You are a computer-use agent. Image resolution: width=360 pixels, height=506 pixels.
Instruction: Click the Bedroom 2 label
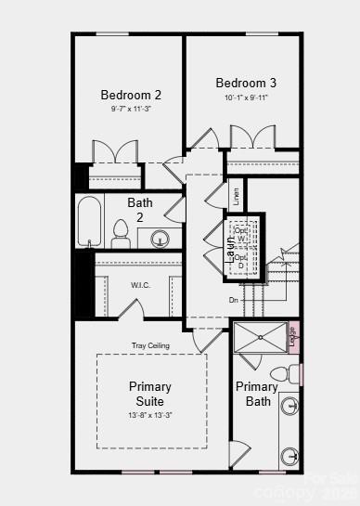tap(131, 95)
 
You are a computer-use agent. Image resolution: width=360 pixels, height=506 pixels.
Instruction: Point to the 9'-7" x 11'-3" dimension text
tap(131, 108)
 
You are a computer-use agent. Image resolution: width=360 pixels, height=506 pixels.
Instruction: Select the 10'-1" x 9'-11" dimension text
tap(246, 97)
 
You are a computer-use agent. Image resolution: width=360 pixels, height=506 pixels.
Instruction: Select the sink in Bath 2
tap(161, 240)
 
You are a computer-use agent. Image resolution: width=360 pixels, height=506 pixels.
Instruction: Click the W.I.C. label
tap(114, 285)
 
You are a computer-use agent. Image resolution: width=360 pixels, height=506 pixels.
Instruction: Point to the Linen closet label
tap(236, 196)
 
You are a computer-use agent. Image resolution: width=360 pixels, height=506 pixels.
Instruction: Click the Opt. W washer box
tap(242, 234)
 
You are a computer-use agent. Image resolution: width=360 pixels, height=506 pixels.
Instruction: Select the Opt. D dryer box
tap(242, 262)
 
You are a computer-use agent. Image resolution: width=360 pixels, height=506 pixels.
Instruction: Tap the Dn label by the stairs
tap(234, 300)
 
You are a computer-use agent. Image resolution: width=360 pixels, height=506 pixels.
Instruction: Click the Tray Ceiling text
tap(149, 345)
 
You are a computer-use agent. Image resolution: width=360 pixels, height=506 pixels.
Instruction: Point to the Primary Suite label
tap(149, 394)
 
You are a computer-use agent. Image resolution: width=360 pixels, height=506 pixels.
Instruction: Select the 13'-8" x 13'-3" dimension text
tap(149, 415)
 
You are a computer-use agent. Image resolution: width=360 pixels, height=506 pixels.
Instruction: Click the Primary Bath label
tap(256, 394)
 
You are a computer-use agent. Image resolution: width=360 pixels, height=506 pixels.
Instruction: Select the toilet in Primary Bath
tap(293, 374)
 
